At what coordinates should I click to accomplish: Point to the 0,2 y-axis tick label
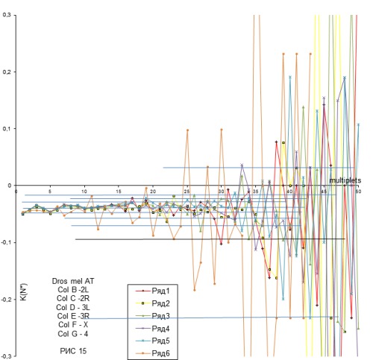[7, 72]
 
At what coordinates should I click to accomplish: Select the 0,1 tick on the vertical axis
[7, 129]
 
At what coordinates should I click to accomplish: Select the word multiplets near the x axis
[344, 181]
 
